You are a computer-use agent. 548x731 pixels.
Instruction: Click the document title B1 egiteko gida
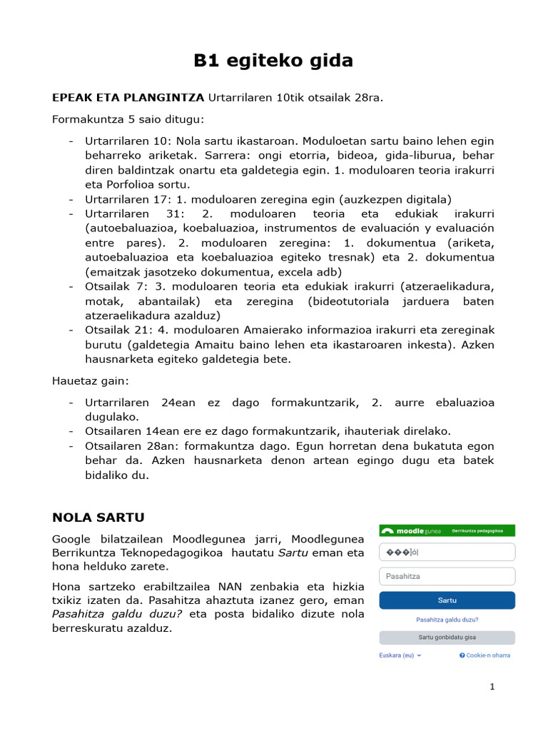273,61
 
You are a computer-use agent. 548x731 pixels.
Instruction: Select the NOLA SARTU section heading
98,517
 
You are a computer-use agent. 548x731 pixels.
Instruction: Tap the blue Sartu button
447,600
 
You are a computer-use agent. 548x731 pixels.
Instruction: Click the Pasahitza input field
447,576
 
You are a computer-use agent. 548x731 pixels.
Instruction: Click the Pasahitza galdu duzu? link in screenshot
447,620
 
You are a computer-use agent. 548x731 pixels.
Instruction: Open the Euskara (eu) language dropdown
400,655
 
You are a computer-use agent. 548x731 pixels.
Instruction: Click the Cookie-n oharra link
485,655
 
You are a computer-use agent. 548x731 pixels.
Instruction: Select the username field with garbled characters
447,552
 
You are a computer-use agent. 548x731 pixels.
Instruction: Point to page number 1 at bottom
492,687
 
